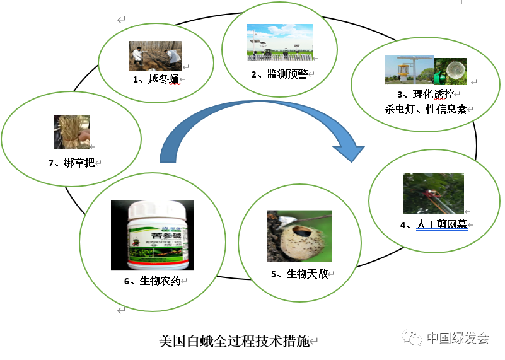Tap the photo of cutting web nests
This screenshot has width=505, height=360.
tap(433, 194)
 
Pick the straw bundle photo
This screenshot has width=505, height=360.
tap(71, 132)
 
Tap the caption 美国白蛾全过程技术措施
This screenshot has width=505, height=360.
tap(235, 341)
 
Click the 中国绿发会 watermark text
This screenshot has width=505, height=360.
tap(458, 337)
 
